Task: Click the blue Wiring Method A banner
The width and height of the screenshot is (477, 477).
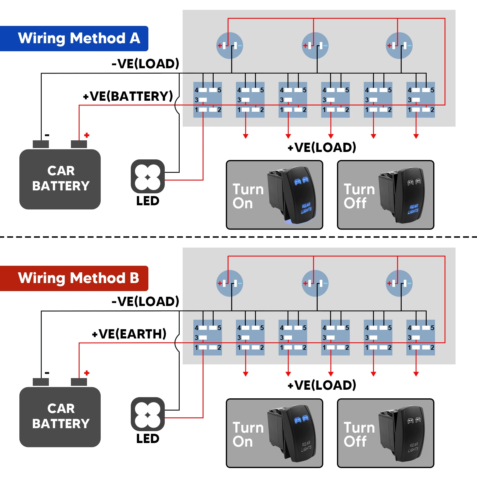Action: tap(74, 38)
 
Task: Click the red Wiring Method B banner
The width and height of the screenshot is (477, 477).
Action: tap(74, 278)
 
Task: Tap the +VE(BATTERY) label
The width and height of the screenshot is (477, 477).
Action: tap(128, 96)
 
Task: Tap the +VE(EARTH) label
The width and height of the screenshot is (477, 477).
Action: tap(129, 334)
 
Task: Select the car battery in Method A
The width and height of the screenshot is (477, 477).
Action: tap(60, 178)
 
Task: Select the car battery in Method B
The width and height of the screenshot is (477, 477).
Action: tap(60, 416)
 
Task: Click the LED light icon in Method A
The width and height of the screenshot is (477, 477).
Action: tap(148, 176)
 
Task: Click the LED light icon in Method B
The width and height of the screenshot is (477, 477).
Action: tap(148, 414)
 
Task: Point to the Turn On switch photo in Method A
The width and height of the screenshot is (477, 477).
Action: tap(274, 195)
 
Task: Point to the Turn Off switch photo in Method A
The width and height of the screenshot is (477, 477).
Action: tap(386, 195)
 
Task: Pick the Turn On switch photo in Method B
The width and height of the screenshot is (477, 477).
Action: tap(274, 433)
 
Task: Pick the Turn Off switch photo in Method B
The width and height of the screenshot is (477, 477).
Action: tap(386, 433)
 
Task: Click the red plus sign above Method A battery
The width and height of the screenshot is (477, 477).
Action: tap(87, 135)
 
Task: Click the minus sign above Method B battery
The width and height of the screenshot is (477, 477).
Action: tap(47, 373)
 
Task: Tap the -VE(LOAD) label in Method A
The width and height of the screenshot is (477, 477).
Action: tap(145, 64)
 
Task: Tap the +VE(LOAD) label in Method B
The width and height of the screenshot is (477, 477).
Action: tap(322, 385)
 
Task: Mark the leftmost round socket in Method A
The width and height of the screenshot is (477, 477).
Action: tap(230, 46)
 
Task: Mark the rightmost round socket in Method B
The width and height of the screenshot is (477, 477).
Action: tap(399, 283)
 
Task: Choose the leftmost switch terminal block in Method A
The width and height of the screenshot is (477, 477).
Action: tap(208, 100)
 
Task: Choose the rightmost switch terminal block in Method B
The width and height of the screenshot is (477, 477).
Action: tap(421, 338)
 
